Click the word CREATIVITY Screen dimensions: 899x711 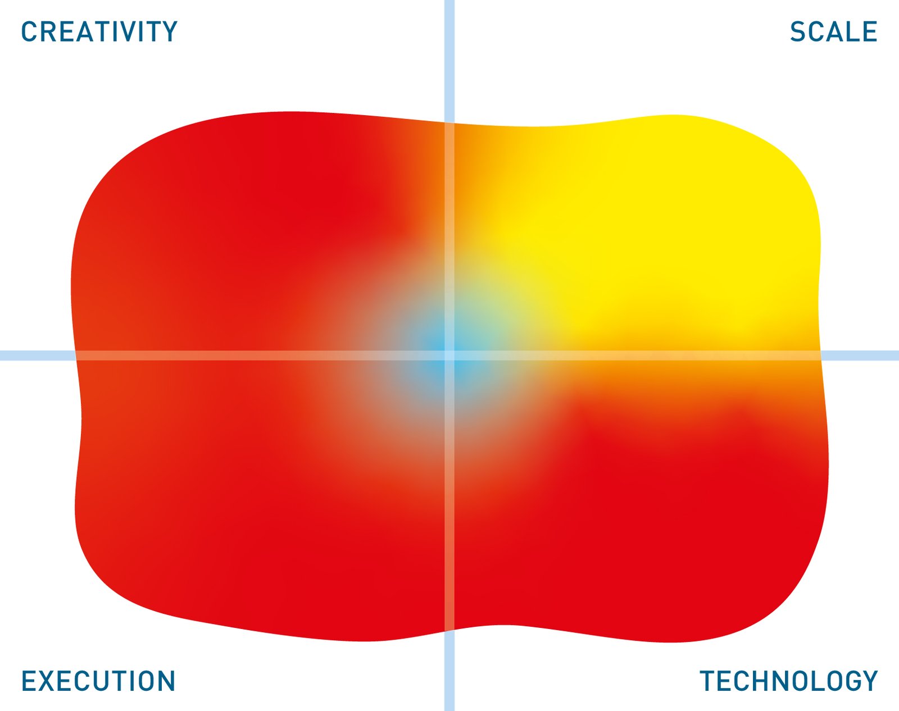coord(99,31)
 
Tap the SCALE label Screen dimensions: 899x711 coord(833,31)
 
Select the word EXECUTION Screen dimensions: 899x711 coord(98,681)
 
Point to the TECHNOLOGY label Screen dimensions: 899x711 coord(789,681)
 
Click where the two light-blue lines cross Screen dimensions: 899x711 coord(449,355)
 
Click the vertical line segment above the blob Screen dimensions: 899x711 coord(449,61)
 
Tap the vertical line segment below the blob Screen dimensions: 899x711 coord(449,671)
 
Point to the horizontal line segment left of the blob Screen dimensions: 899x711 coord(38,355)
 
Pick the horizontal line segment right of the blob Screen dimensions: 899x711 coord(860,355)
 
